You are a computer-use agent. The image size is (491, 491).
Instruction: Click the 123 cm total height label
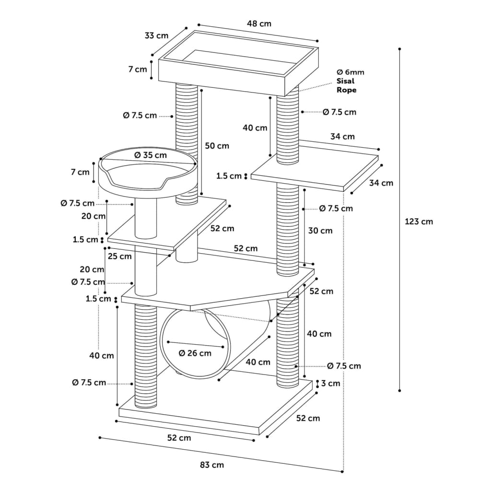tap(419, 222)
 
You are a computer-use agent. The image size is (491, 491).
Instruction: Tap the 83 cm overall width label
tap(212, 465)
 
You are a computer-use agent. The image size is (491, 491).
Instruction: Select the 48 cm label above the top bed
tap(259, 24)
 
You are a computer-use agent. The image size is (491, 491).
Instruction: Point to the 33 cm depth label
tap(156, 35)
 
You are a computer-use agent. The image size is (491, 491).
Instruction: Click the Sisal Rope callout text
tap(346, 85)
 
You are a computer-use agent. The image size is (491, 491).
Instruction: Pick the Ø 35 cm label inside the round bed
tap(150, 155)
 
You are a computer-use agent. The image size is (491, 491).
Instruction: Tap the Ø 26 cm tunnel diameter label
tap(195, 353)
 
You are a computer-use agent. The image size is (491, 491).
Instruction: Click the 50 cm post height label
tap(217, 146)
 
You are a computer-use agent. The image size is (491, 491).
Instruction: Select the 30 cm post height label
tap(320, 231)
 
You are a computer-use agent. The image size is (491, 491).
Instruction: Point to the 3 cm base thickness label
tap(331, 383)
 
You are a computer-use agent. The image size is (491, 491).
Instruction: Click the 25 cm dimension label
tap(120, 257)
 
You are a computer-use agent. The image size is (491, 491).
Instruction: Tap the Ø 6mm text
tap(351, 72)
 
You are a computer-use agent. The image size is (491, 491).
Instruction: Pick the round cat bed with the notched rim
tap(148, 173)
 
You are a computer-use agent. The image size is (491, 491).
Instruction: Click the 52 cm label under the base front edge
tap(179, 438)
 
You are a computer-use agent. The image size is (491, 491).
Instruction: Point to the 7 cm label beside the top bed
tap(138, 69)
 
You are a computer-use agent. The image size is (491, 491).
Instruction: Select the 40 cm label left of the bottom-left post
tap(102, 356)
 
